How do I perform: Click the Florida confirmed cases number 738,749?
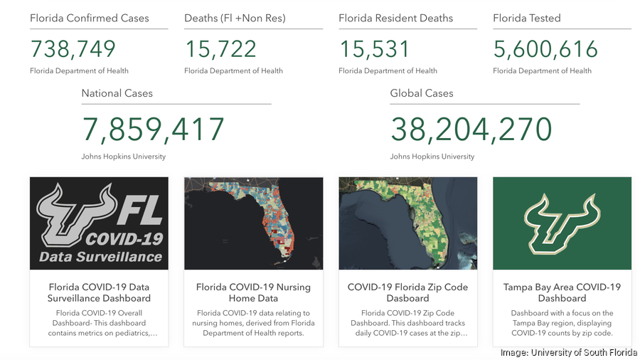73,49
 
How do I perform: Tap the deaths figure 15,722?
221,49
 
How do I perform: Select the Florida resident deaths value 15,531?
375,49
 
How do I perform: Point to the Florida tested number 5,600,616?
545,49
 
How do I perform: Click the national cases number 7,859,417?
154,130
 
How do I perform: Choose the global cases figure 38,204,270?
471,130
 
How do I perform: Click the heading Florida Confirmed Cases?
90,18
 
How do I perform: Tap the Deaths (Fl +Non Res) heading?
235,18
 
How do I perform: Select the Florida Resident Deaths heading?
395,18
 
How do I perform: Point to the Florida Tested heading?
527,18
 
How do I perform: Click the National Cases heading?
117,93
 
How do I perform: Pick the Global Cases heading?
422,93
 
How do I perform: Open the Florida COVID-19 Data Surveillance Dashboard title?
99,292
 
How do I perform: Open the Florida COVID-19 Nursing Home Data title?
253,292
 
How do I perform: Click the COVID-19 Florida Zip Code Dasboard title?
407,292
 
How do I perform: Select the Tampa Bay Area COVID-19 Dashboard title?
562,292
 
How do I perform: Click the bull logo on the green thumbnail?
562,222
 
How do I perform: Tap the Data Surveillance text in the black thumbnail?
100,257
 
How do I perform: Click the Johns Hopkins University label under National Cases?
124,157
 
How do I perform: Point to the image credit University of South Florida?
568,352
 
